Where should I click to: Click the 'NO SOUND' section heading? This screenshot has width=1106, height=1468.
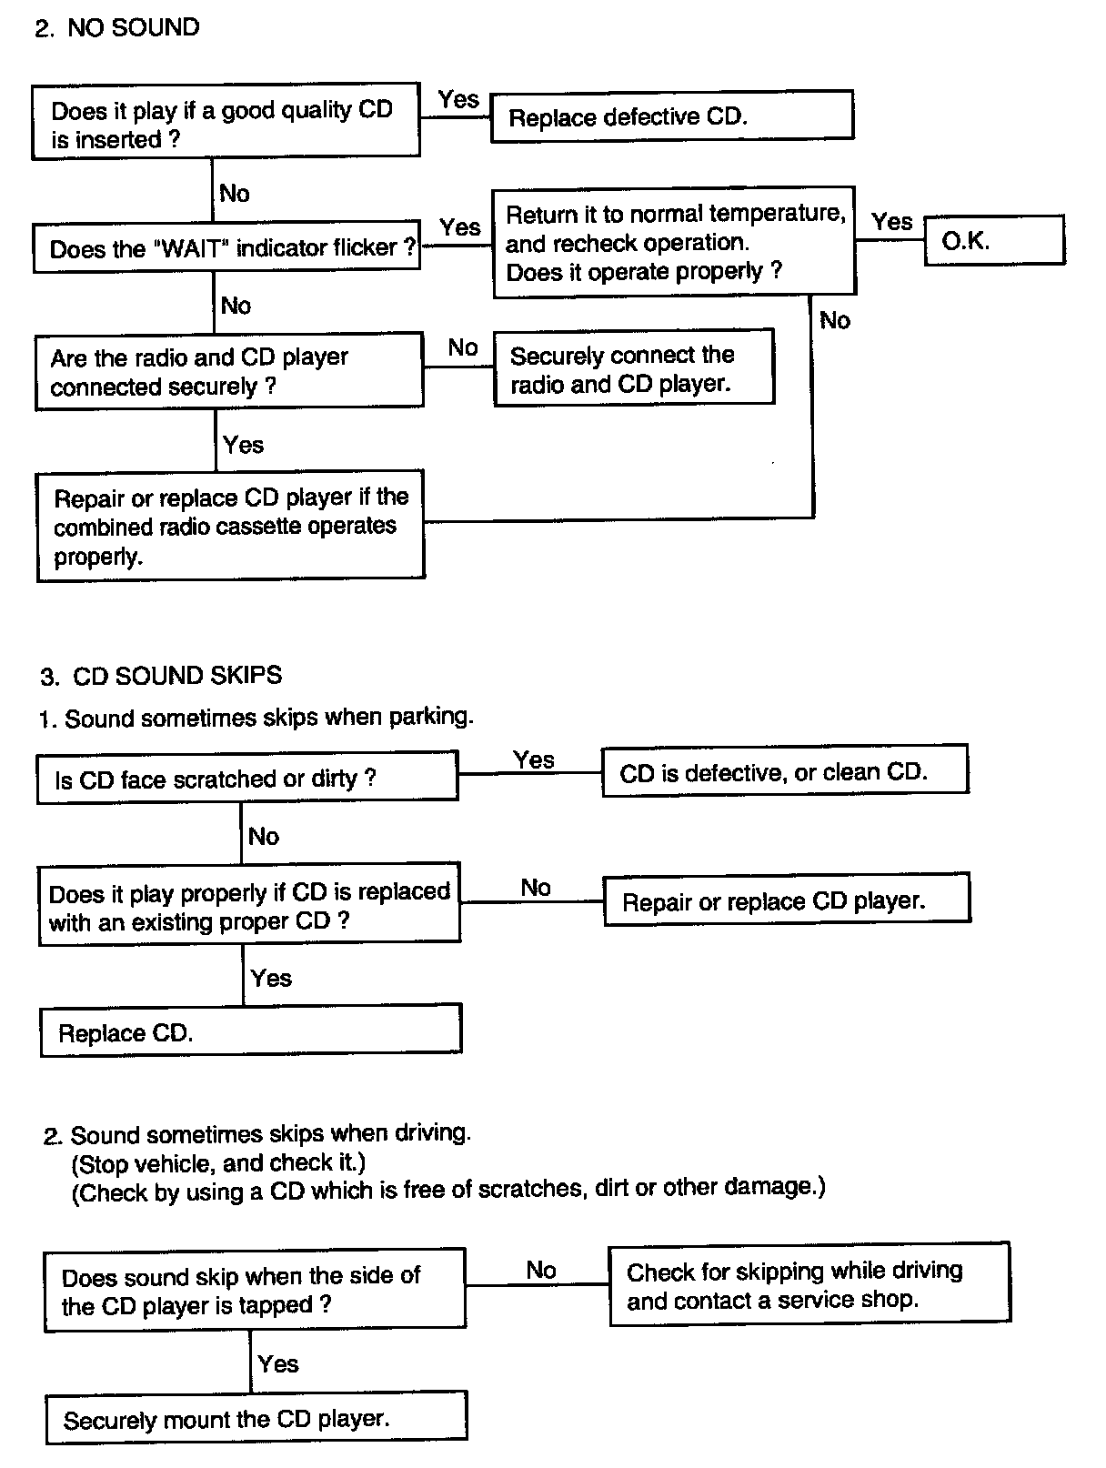pos(133,27)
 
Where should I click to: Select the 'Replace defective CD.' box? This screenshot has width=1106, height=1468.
pos(671,116)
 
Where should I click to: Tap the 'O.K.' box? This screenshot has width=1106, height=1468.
pos(993,241)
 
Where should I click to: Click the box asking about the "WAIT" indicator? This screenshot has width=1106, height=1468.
pos(226,247)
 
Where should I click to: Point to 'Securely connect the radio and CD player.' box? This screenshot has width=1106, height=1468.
pos(633,368)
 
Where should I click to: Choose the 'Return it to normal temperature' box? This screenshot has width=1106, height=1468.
pos(673,242)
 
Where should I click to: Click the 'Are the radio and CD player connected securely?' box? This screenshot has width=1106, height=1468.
pos(228,371)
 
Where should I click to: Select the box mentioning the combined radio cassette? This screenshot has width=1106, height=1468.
pos(230,526)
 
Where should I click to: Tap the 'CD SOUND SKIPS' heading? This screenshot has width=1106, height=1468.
pos(176,676)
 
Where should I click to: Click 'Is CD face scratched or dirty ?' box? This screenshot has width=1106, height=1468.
pos(246,779)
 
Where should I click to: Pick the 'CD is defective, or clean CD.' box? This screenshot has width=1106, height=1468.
pos(784,772)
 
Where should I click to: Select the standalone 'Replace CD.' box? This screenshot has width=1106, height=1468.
pos(250,1031)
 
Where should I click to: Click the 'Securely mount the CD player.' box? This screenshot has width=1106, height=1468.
pos(256,1419)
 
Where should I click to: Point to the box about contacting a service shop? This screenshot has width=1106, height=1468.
pos(809,1284)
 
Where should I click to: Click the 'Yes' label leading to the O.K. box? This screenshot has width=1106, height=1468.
pos(891,221)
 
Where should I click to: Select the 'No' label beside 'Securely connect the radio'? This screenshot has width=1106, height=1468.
pos(463,347)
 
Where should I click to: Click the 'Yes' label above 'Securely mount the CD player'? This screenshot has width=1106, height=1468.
pos(277,1363)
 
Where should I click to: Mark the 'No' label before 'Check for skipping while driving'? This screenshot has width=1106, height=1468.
pos(541,1269)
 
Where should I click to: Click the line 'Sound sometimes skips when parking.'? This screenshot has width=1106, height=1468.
pos(268,718)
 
